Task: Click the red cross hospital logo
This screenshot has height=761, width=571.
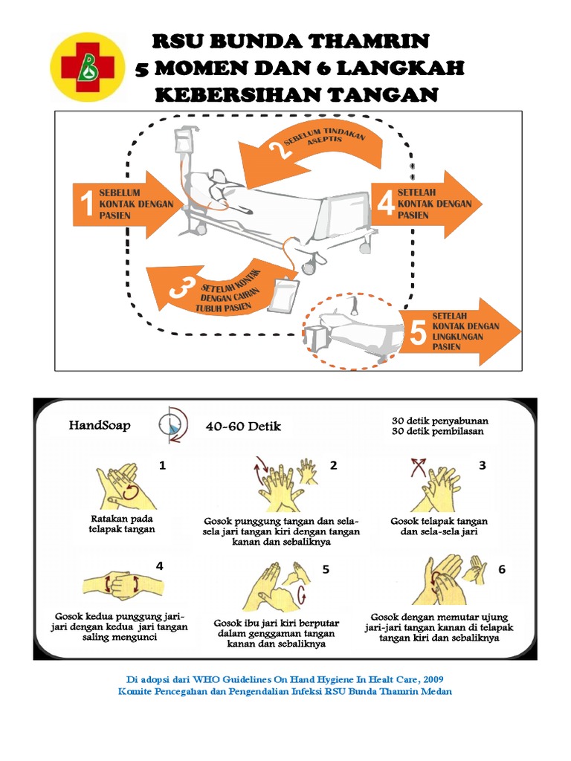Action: pos(88,66)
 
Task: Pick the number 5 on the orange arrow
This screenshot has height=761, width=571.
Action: pos(418,334)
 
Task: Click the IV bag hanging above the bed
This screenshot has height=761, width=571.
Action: pos(183,143)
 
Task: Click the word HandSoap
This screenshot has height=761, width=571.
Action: pos(100,426)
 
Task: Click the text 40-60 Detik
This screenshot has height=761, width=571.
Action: pos(243,427)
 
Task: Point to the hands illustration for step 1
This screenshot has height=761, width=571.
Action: pos(117,488)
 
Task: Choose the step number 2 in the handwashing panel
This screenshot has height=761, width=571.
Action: pos(334,466)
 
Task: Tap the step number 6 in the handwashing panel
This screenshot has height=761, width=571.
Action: pos(502,569)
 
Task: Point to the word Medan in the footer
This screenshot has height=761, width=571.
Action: pos(435,691)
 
